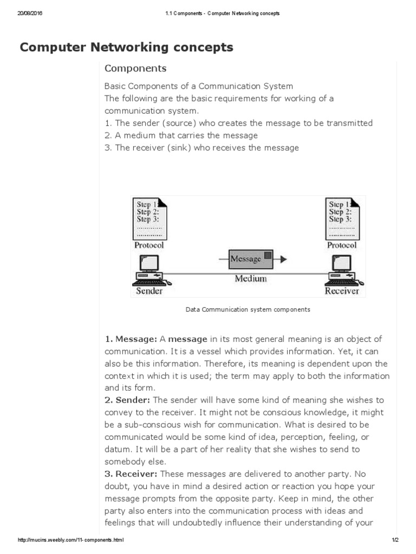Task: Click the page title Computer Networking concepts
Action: [126, 48]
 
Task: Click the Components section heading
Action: [135, 69]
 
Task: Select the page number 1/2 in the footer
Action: [395, 540]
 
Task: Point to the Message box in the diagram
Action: [250, 259]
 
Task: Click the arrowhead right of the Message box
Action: [283, 259]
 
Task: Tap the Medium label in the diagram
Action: [250, 279]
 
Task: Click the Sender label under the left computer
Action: [149, 291]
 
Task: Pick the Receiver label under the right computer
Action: [342, 291]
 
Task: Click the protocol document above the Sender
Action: [149, 219]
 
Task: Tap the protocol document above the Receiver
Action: [342, 219]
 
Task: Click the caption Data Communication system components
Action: [248, 310]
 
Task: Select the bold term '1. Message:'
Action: [131, 339]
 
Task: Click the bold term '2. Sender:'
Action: [128, 400]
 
